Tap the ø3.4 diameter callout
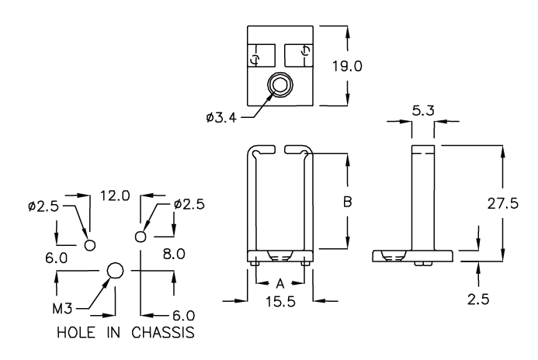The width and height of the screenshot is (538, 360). point(221,117)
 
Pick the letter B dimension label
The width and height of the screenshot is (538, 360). point(348,202)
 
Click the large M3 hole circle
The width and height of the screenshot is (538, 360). point(115,270)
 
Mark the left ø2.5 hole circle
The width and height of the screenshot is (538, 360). point(90,244)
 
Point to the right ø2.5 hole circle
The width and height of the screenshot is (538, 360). point(141,236)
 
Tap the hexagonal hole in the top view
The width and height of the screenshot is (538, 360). point(279,85)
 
